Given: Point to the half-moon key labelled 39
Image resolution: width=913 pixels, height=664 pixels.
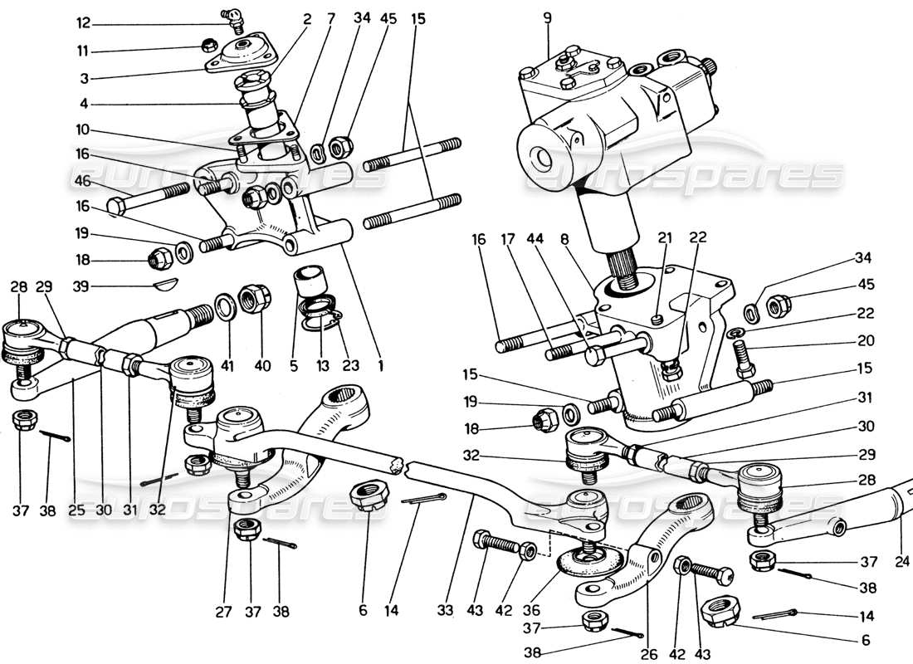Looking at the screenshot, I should point(166,286).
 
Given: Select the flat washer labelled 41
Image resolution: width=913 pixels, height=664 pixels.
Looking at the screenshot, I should point(224,308).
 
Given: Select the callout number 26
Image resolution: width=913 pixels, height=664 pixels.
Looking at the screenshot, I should point(649,654).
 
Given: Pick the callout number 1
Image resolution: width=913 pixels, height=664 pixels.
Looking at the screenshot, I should point(380,363).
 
